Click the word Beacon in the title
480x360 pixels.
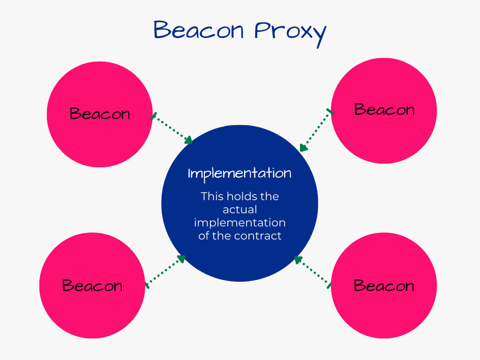[x=198, y=30]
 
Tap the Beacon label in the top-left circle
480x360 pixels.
[x=100, y=113]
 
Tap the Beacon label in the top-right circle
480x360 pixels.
[x=384, y=110]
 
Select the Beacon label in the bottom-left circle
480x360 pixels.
[x=92, y=285]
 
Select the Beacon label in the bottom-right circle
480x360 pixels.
[x=384, y=285]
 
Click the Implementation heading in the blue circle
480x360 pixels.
[x=240, y=174]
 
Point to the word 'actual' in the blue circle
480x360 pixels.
[x=240, y=210]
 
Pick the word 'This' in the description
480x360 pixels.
[x=212, y=196]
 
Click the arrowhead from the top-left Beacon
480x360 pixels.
[x=188, y=140]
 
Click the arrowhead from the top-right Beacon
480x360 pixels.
[x=303, y=148]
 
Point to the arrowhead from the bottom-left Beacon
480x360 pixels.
[x=181, y=259]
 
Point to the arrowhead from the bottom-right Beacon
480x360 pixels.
[x=298, y=260]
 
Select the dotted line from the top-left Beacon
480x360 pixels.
[x=172, y=128]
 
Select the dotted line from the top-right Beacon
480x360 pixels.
[x=317, y=130]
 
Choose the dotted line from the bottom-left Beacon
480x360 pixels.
[x=165, y=272]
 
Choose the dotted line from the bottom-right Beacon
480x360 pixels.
[x=313, y=272]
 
